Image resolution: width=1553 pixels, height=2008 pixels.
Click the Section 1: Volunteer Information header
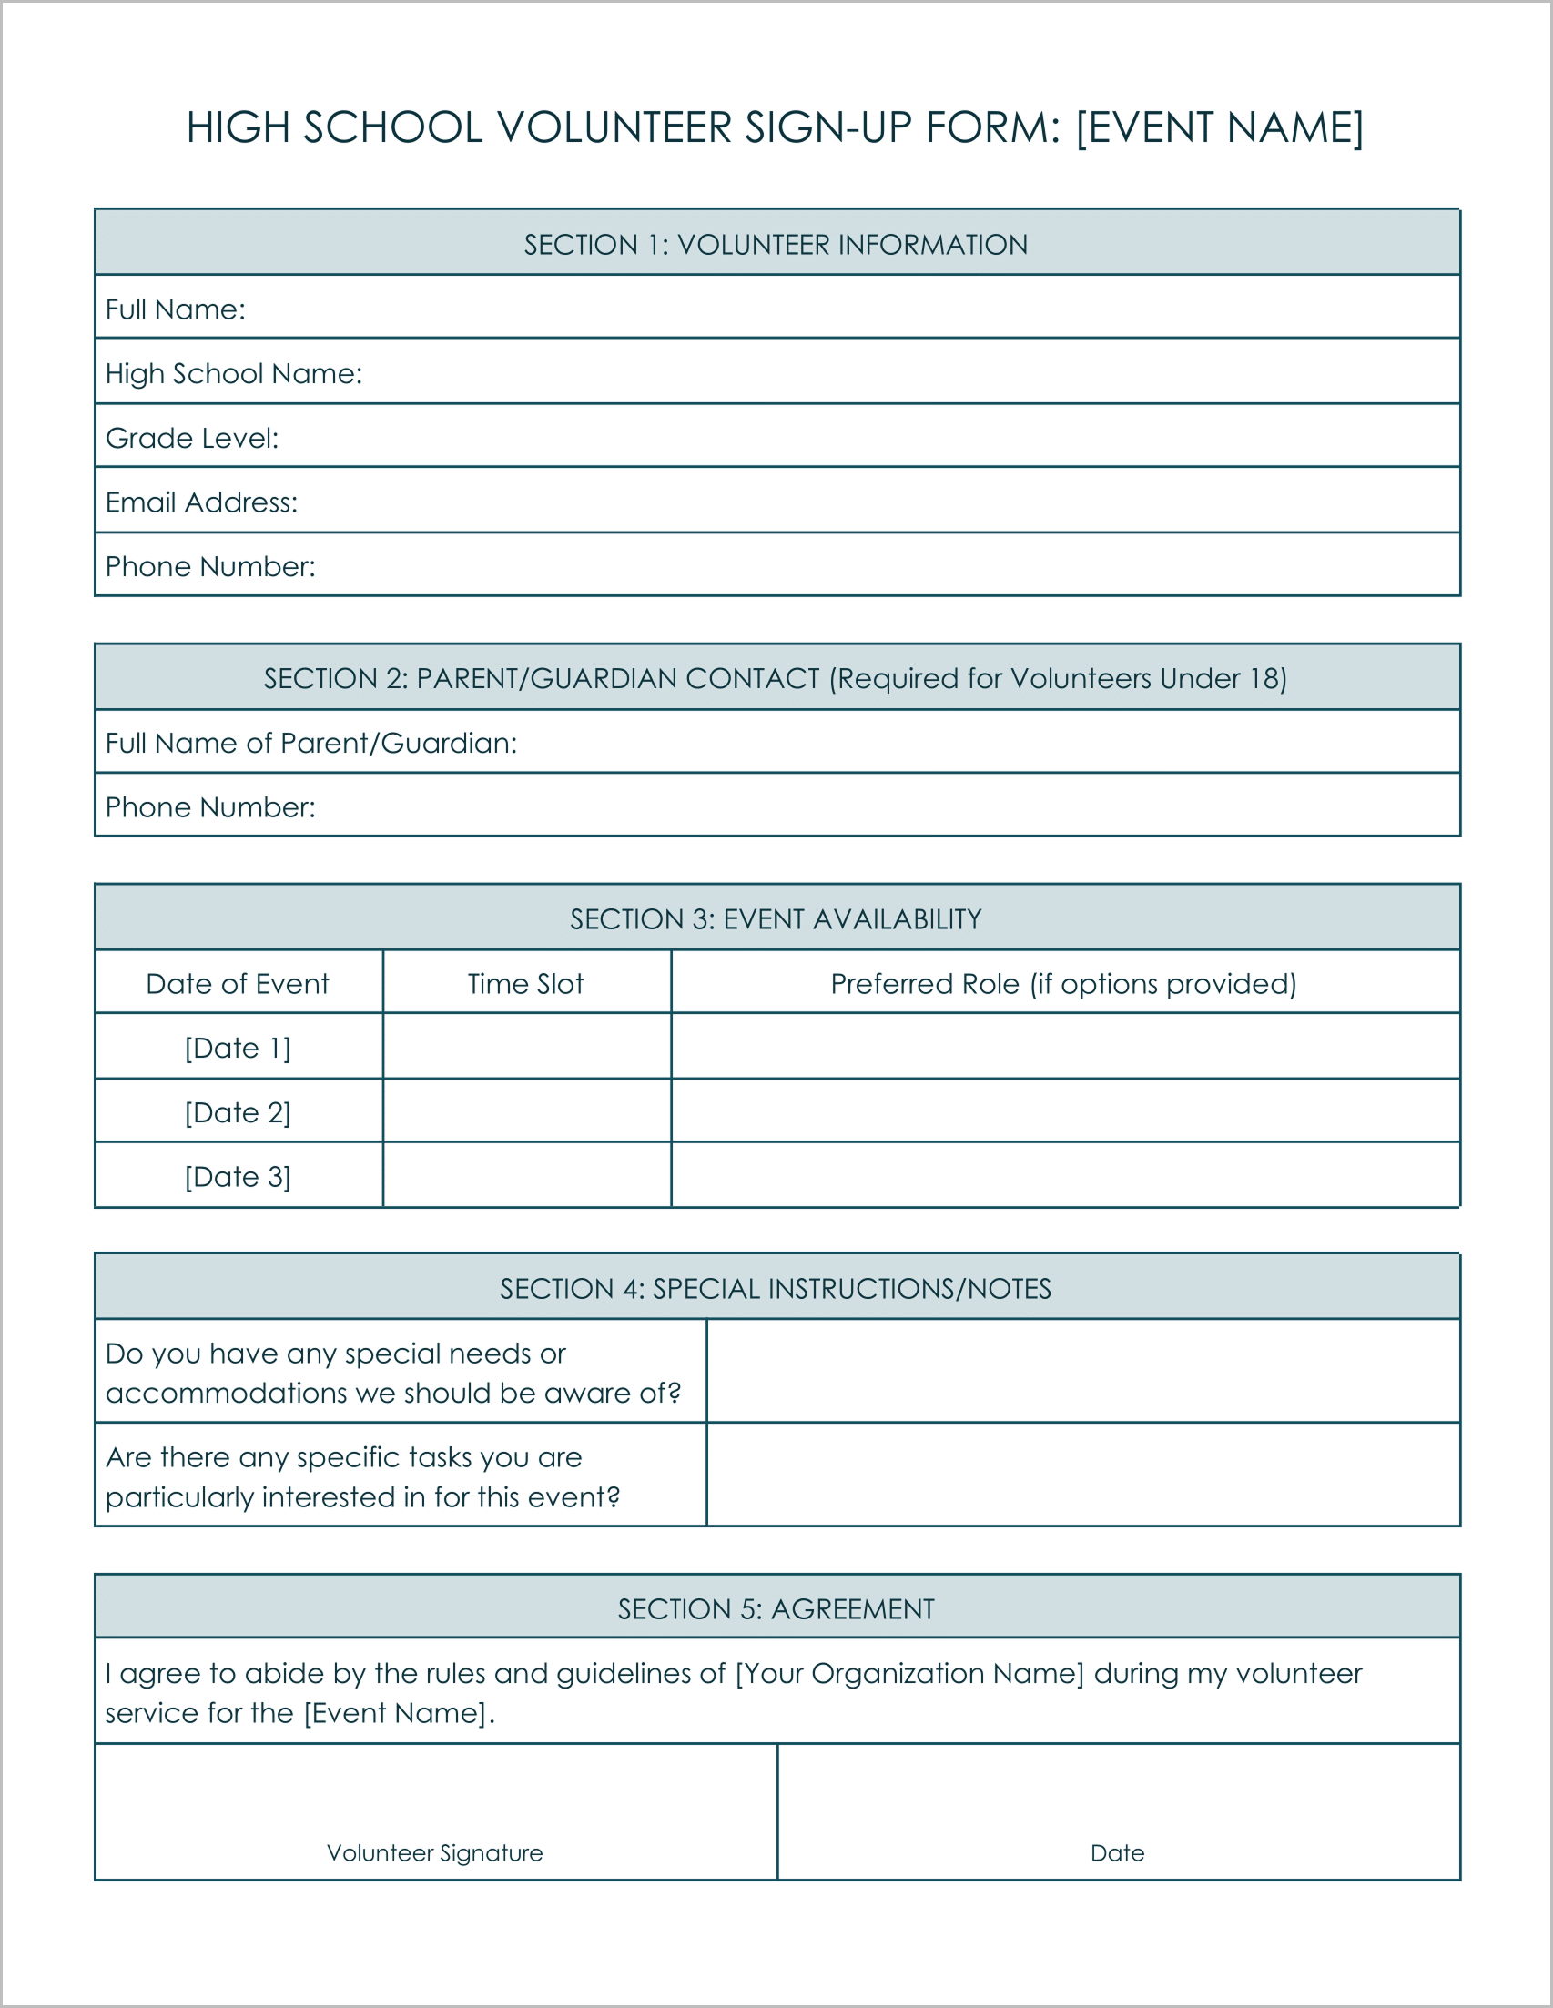(x=775, y=245)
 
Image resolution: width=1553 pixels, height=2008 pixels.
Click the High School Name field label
(x=234, y=373)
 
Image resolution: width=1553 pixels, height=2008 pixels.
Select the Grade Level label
(x=191, y=438)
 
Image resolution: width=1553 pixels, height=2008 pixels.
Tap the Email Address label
(x=201, y=502)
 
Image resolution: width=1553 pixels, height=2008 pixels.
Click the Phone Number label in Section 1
(x=209, y=566)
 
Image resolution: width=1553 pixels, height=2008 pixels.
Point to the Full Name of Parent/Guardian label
(x=310, y=743)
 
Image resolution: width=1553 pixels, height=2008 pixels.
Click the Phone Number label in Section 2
(x=209, y=807)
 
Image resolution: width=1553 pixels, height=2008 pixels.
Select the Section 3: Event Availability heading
(x=775, y=919)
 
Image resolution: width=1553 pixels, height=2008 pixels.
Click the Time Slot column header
(x=525, y=984)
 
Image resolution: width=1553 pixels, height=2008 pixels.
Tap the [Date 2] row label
(x=238, y=1112)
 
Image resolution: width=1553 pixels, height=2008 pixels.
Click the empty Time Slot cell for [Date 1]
(x=526, y=1046)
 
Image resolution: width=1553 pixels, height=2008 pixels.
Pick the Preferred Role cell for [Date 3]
(x=1065, y=1175)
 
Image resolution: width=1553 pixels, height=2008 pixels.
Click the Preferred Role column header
(x=1063, y=984)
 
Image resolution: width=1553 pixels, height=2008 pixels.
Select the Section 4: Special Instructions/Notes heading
(x=775, y=1289)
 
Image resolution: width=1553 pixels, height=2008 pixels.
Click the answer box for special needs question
(x=1082, y=1372)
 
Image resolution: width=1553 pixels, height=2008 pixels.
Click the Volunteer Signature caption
(x=434, y=1853)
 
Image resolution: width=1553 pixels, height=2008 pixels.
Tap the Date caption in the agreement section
(x=1117, y=1853)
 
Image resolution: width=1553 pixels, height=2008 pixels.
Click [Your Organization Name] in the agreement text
(x=909, y=1673)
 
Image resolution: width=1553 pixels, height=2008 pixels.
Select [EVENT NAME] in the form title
(x=1219, y=127)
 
